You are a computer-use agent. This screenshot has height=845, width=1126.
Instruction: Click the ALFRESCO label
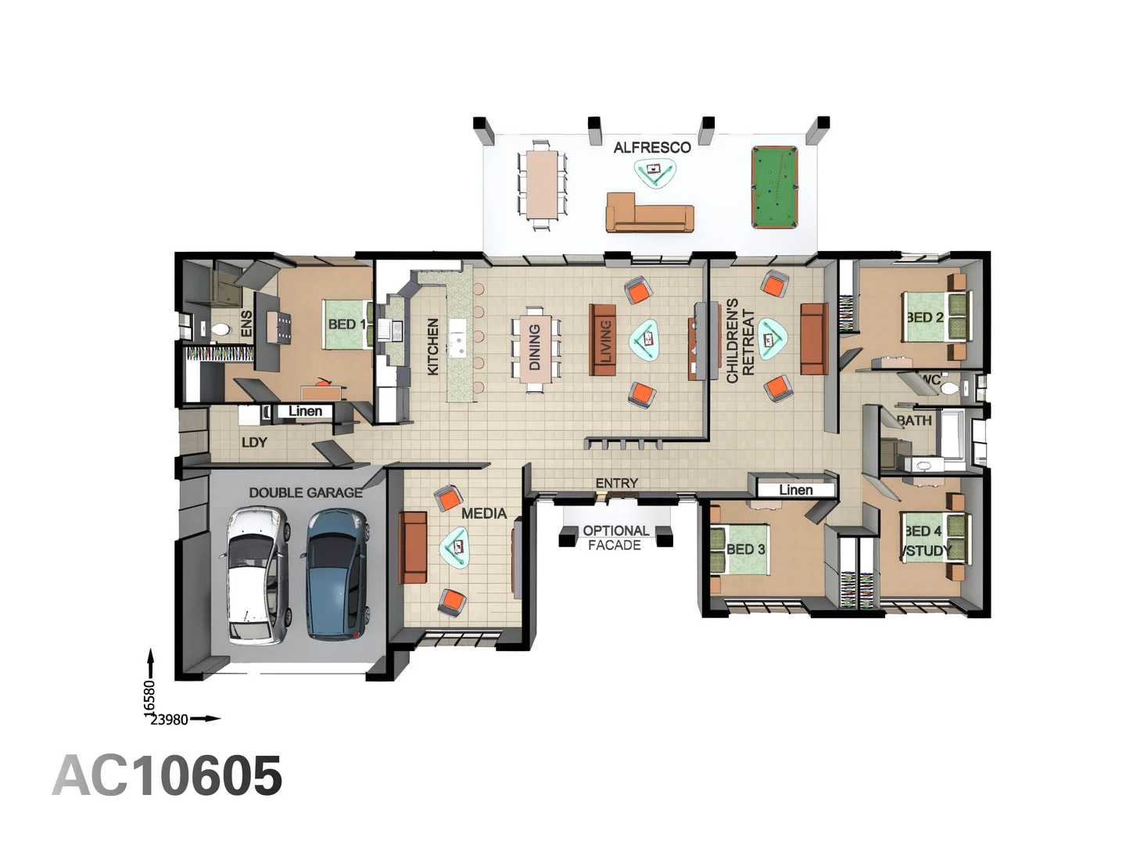click(x=651, y=147)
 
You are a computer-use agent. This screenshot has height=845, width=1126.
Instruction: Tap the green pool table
click(x=774, y=187)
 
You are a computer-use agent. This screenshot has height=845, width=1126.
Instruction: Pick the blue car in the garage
click(x=336, y=574)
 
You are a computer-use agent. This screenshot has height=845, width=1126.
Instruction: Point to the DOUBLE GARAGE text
click(x=306, y=492)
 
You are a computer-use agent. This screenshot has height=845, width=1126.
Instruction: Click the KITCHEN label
click(x=433, y=346)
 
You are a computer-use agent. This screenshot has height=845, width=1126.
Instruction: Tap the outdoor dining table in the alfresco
click(x=541, y=184)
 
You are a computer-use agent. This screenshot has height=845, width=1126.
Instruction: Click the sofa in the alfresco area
click(x=650, y=214)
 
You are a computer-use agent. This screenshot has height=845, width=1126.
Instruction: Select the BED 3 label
click(x=745, y=549)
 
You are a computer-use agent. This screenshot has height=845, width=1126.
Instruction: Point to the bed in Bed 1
click(x=348, y=325)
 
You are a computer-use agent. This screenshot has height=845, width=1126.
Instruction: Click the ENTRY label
click(x=616, y=483)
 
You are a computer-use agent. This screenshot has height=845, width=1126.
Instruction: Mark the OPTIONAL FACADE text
click(x=615, y=538)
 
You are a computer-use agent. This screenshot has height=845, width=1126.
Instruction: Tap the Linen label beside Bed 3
click(x=795, y=490)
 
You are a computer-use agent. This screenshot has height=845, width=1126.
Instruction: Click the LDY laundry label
click(x=254, y=442)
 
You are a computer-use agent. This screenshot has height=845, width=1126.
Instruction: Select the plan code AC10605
click(x=167, y=776)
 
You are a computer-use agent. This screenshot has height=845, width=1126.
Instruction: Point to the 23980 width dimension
click(x=169, y=719)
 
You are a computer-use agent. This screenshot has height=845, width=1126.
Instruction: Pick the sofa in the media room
click(x=414, y=548)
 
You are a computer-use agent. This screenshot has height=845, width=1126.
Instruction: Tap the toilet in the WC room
click(x=949, y=388)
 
